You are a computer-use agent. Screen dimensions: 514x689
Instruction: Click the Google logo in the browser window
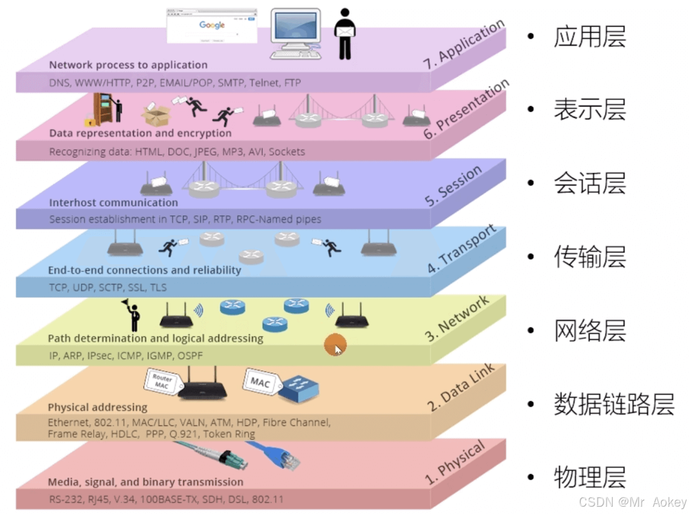212,25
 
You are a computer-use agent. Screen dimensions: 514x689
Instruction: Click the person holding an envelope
344,34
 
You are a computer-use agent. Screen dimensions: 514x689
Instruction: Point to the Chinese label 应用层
590,36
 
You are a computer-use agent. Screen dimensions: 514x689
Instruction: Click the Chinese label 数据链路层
614,404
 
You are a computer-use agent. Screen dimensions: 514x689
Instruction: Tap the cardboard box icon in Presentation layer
156,113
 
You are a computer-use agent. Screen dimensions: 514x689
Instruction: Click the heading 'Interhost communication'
114,202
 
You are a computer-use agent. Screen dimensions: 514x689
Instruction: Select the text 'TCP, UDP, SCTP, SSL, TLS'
108,287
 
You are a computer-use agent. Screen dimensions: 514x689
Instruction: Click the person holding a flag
132,313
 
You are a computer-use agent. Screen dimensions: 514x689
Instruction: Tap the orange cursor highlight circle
335,345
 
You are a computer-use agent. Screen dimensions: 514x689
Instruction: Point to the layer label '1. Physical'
455,464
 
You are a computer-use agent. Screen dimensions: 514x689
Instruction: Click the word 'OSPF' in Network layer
190,356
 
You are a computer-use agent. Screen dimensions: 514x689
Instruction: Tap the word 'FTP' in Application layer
292,82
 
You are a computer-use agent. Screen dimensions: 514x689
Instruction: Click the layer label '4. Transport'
462,249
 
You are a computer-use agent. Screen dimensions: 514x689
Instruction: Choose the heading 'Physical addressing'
97,407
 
